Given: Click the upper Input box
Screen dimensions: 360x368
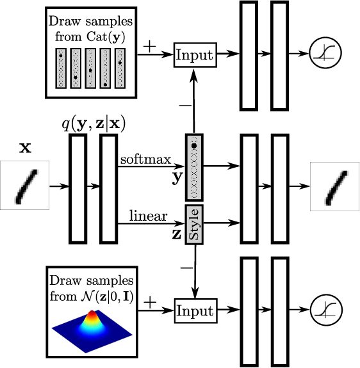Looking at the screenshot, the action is [195, 55].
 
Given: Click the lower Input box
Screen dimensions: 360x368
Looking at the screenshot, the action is [195, 311].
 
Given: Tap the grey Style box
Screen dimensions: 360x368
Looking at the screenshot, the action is [194, 225].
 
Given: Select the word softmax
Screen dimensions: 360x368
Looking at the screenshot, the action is [145, 159].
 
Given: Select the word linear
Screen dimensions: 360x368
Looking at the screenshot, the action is [149, 216].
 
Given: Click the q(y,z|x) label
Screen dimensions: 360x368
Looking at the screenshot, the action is [94, 124].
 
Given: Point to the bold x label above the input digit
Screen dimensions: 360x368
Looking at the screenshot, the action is [25, 148].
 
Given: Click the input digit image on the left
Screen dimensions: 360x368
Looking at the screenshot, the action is [24, 185].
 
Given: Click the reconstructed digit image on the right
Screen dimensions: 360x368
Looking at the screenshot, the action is [335, 187].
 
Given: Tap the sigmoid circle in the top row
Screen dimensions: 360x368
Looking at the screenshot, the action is [325, 52].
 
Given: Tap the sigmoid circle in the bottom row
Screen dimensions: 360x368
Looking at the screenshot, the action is [326, 310].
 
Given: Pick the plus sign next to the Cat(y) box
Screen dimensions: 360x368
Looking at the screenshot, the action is [149, 46].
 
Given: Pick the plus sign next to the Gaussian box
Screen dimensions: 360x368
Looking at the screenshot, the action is [150, 302].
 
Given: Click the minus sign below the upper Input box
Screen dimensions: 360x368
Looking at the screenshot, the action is [186, 106].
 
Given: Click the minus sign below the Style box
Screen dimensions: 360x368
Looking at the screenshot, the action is [186, 268].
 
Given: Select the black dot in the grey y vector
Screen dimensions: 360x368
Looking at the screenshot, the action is [194, 146].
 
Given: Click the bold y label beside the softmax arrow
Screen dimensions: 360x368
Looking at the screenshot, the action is [177, 178].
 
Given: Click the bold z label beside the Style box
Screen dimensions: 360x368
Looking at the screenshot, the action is [177, 234].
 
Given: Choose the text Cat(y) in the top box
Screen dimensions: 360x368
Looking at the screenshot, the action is [106, 37].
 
